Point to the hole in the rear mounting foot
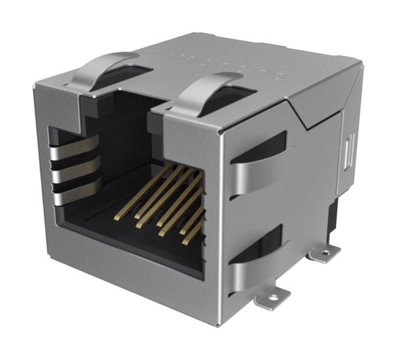pyautogui.click(x=327, y=254)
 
